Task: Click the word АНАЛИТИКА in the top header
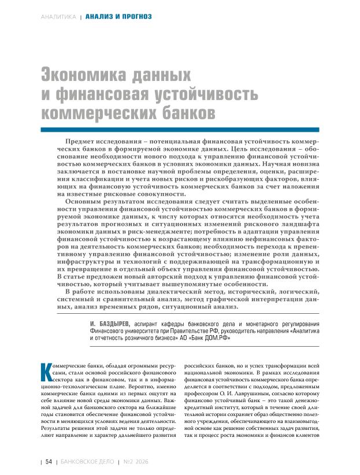(59, 16)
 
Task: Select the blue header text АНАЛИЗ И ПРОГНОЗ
(118, 16)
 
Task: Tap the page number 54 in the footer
(49, 462)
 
